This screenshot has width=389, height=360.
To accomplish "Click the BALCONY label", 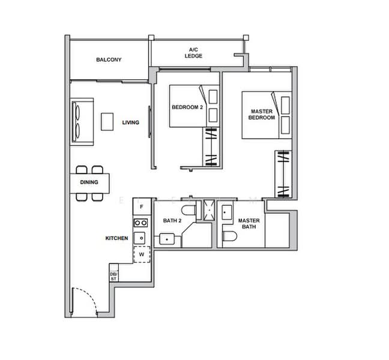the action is (x=109, y=59).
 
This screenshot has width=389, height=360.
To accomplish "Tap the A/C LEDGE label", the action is (x=193, y=53).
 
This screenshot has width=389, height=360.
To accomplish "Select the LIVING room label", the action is (x=130, y=122).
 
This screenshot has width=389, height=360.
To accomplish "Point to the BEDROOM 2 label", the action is (x=187, y=107).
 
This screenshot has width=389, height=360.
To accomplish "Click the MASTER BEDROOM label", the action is (x=262, y=114).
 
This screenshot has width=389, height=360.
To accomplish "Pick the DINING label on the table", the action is (x=89, y=182).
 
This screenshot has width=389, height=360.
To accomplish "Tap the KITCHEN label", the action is (x=116, y=238).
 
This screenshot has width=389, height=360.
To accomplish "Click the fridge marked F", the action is (x=142, y=206).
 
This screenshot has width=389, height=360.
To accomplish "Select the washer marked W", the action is (x=142, y=254).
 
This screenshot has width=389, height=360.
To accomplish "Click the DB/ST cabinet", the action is (x=113, y=273).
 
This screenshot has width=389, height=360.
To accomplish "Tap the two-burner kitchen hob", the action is (x=140, y=223).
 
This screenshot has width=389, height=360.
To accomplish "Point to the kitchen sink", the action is (x=140, y=238).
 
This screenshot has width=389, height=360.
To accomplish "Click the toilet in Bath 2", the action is (x=188, y=211).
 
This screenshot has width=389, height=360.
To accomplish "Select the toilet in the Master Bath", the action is (x=230, y=236).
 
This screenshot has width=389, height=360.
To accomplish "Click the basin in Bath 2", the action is (x=167, y=239).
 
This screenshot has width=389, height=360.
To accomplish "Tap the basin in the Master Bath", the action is (x=227, y=212).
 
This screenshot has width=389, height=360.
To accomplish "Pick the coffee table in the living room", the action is (x=107, y=121).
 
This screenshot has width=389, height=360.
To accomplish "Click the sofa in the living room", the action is (x=82, y=121).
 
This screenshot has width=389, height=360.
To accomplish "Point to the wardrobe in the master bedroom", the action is (x=283, y=174).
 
